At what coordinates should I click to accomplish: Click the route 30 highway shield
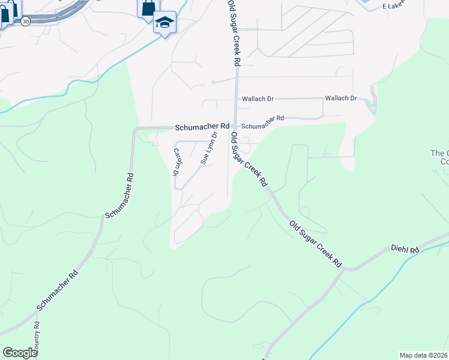(x=25, y=21)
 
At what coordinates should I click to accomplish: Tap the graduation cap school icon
(x=164, y=22)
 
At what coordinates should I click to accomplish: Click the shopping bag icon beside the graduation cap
(x=148, y=8)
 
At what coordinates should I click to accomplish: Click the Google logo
(x=20, y=353)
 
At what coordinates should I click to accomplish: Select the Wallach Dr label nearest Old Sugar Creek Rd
(x=258, y=99)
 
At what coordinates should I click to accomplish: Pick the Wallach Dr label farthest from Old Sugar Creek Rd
(x=340, y=98)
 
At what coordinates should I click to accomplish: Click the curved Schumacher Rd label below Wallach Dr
(x=262, y=122)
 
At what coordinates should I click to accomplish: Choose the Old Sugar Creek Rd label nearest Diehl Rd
(x=315, y=244)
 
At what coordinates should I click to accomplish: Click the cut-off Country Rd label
(x=37, y=339)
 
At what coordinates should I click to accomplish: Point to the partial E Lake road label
(x=394, y=5)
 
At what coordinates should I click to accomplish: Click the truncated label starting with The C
(x=439, y=157)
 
